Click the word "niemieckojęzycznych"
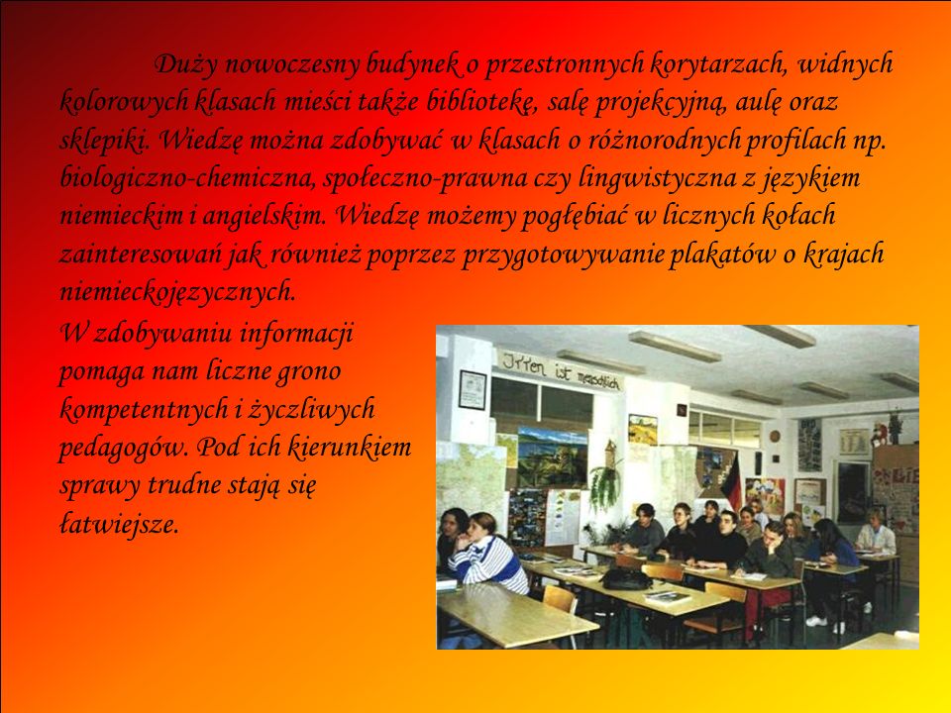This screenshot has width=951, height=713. pyautogui.click(x=177, y=292)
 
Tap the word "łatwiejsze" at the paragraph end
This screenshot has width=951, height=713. pyautogui.click(x=119, y=524)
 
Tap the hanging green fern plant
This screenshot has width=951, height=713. pyautogui.click(x=605, y=485)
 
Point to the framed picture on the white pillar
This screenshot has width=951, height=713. pyautogui.click(x=473, y=390)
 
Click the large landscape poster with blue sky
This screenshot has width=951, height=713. pyautogui.click(x=552, y=458)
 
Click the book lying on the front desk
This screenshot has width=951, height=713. pyautogui.click(x=667, y=597)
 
